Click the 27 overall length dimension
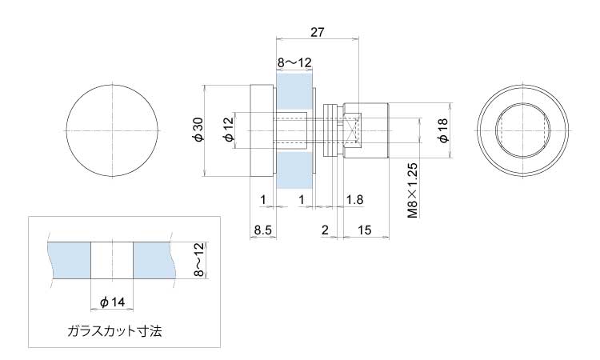(317, 32)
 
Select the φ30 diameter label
(199, 130)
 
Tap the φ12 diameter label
(229, 130)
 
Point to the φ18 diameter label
(443, 130)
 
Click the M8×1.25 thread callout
(413, 190)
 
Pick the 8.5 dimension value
(263, 230)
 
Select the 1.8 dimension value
(354, 199)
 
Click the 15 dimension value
(364, 230)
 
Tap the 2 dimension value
(325, 230)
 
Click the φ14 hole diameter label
(113, 302)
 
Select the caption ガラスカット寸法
(114, 330)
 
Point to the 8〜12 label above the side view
(294, 62)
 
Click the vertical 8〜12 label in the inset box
(199, 260)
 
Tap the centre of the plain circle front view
(113, 131)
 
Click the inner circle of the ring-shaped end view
(523, 104)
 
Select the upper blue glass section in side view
(294, 92)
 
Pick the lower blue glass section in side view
(294, 170)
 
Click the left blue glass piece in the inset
(69, 261)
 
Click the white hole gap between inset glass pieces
(112, 261)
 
